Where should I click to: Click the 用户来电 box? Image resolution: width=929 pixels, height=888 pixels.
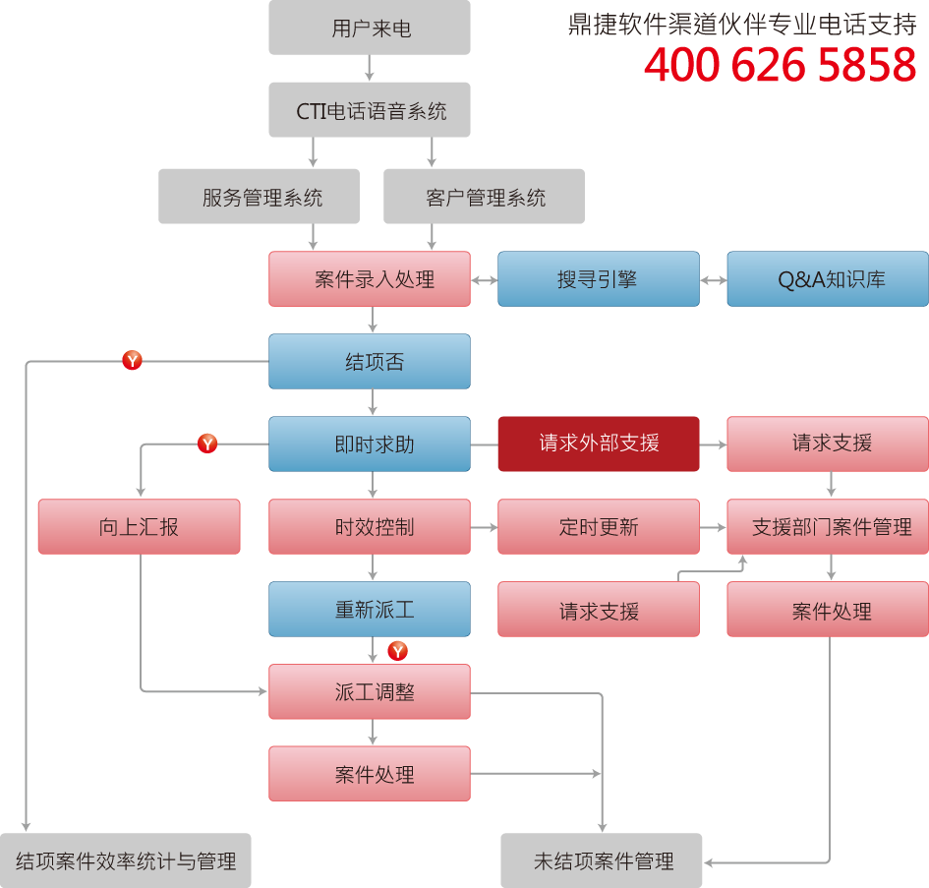[x=370, y=28]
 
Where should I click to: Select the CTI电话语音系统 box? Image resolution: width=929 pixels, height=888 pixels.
[x=370, y=110]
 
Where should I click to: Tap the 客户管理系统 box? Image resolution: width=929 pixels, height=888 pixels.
[x=484, y=197]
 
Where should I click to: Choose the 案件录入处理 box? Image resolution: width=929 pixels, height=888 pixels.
[x=370, y=279]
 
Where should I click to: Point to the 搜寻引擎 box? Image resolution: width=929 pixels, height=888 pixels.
[x=598, y=279]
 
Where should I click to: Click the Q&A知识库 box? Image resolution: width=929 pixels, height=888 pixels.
[x=828, y=279]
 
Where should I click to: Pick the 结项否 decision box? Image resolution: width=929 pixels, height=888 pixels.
[x=370, y=362]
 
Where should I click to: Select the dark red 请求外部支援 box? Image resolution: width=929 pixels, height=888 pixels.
[x=598, y=444]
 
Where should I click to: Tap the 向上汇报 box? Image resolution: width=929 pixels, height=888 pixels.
[x=139, y=527]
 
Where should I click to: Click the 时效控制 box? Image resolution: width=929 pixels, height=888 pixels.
[x=370, y=527]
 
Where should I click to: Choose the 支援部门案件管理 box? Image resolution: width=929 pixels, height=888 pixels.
[x=828, y=527]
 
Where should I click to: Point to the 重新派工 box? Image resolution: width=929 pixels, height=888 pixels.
[x=370, y=610]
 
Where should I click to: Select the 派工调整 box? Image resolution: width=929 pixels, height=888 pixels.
[x=370, y=692]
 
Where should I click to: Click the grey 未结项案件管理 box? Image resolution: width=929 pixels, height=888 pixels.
[x=602, y=861]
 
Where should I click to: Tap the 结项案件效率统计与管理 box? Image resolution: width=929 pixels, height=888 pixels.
[x=126, y=861]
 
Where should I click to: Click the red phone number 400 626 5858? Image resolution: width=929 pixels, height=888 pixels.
[x=780, y=66]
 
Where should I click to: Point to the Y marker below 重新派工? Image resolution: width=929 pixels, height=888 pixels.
[x=398, y=651]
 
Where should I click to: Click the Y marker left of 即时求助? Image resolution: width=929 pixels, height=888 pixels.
[x=207, y=444]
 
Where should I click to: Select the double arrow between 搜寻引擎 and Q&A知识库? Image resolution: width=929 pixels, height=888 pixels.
[x=713, y=280]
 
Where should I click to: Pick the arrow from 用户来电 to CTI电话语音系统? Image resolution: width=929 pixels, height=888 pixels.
[x=371, y=69]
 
